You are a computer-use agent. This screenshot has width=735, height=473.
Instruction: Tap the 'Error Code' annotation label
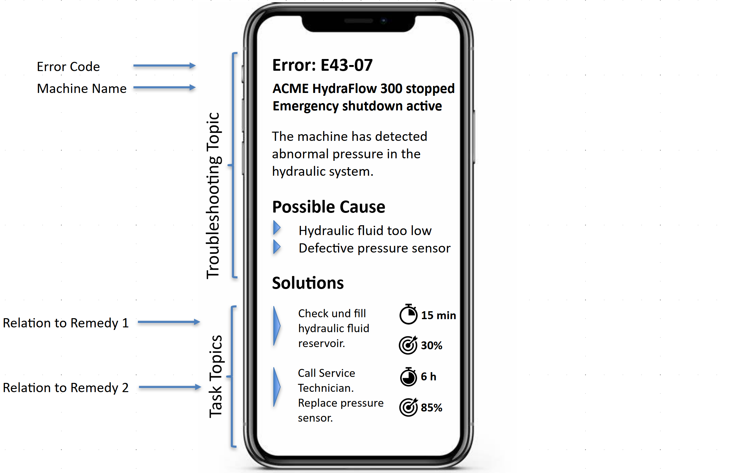pyautogui.click(x=68, y=67)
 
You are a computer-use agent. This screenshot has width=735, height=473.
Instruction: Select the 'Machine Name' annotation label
pyautogui.click(x=81, y=89)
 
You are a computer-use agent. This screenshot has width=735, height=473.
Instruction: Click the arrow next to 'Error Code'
pyautogui.click(x=164, y=66)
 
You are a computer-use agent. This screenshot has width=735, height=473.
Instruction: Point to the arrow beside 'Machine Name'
pyautogui.click(x=164, y=88)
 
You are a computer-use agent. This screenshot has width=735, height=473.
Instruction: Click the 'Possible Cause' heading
pyautogui.click(x=328, y=207)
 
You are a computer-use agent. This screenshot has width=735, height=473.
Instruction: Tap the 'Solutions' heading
pyautogui.click(x=308, y=283)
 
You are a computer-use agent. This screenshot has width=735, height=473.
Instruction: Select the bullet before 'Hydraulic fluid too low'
pyautogui.click(x=277, y=228)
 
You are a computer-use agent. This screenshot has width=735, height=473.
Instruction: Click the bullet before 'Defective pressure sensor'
pyautogui.click(x=277, y=247)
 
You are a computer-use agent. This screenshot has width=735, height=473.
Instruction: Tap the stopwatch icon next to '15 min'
pyautogui.click(x=408, y=314)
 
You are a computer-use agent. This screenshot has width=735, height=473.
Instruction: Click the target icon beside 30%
pyautogui.click(x=408, y=345)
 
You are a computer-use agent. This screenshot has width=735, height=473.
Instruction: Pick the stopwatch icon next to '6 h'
pyautogui.click(x=408, y=377)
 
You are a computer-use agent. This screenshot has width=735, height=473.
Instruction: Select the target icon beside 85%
pyautogui.click(x=408, y=407)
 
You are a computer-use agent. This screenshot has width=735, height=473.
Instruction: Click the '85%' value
pyautogui.click(x=432, y=407)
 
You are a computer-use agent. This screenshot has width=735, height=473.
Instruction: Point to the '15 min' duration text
pyautogui.click(x=439, y=315)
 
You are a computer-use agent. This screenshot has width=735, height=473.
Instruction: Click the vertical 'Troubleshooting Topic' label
pyautogui.click(x=213, y=196)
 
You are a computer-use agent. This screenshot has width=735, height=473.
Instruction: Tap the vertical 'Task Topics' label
pyautogui.click(x=216, y=376)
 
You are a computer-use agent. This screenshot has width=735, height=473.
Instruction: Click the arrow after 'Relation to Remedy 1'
pyautogui.click(x=169, y=322)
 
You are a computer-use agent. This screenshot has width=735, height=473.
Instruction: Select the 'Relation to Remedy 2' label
pyautogui.click(x=66, y=388)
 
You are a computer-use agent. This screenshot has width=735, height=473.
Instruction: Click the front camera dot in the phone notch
pyautogui.click(x=384, y=21)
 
